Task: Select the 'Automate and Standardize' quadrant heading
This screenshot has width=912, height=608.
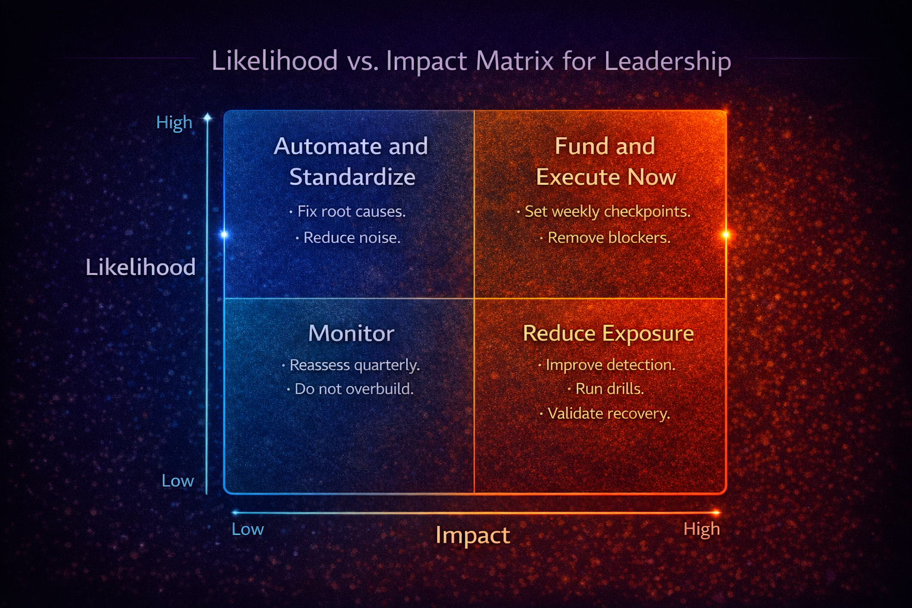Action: (351, 161)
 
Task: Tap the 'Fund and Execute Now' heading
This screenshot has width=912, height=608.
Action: (606, 161)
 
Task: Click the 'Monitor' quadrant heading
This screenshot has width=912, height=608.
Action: (351, 333)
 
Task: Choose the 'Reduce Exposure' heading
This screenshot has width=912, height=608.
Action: (608, 333)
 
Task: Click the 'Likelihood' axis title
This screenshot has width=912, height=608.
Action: (141, 267)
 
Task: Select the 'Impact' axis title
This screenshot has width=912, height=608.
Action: (473, 535)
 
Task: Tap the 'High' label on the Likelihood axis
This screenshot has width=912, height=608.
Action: (174, 122)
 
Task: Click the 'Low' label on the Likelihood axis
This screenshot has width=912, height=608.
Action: (178, 481)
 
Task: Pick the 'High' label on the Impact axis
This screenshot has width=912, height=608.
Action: (701, 529)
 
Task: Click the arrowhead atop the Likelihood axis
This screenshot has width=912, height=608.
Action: (207, 118)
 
